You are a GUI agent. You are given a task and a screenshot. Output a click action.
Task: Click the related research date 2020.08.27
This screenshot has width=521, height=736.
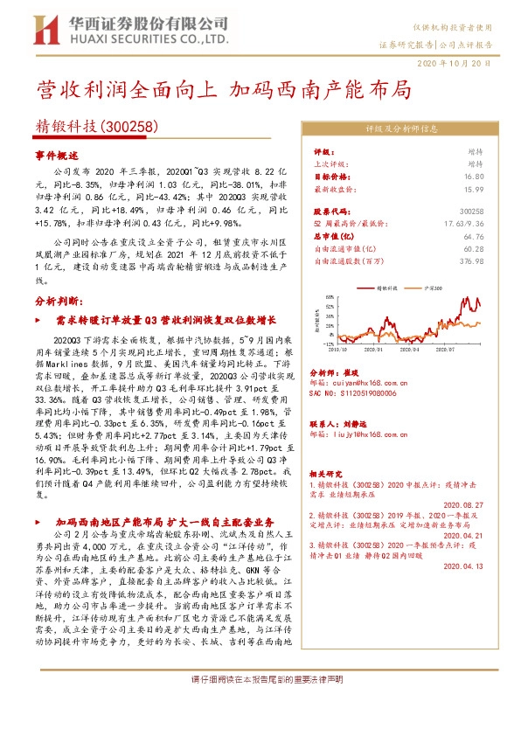tap(464, 504)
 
